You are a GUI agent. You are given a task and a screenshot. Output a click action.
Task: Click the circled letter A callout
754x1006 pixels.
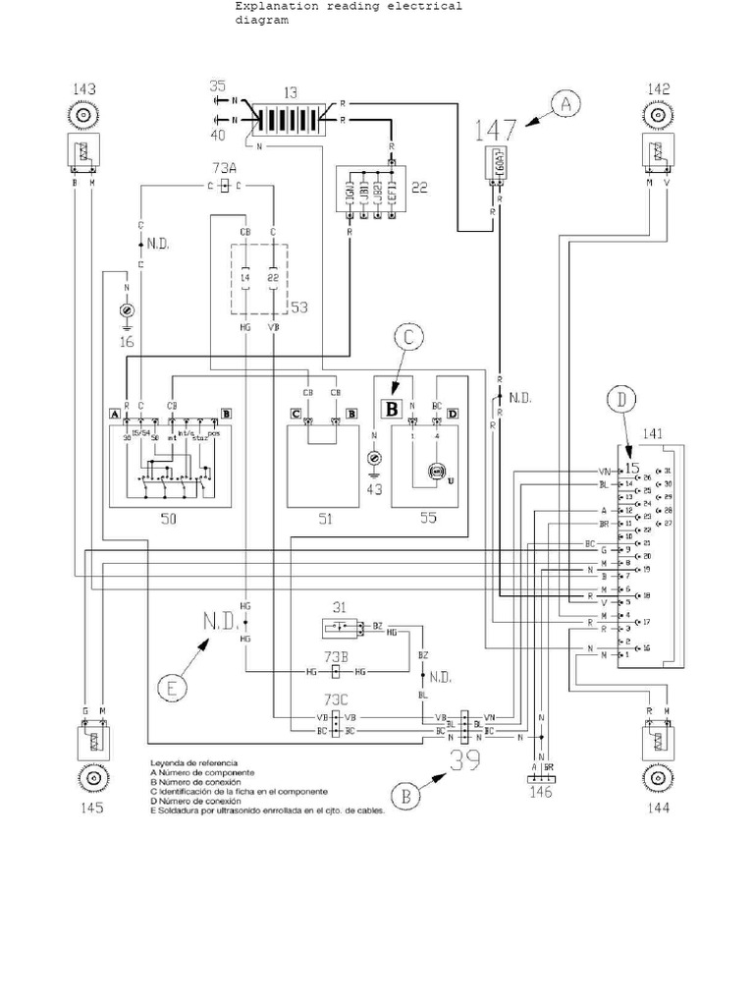click(x=565, y=104)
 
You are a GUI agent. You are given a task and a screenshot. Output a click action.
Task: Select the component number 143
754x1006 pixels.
click(x=84, y=90)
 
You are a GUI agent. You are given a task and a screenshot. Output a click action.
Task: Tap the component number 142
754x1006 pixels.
click(x=658, y=90)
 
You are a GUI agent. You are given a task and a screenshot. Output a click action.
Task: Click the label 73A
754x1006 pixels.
click(x=225, y=167)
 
